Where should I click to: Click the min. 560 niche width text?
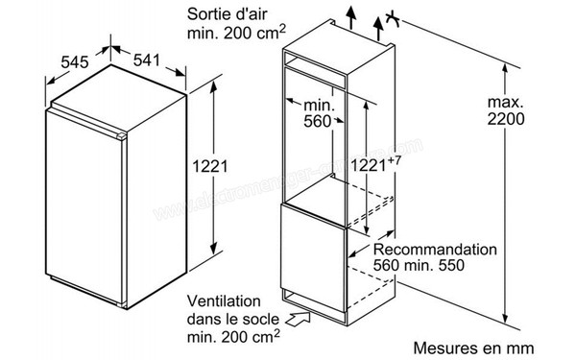318,112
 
